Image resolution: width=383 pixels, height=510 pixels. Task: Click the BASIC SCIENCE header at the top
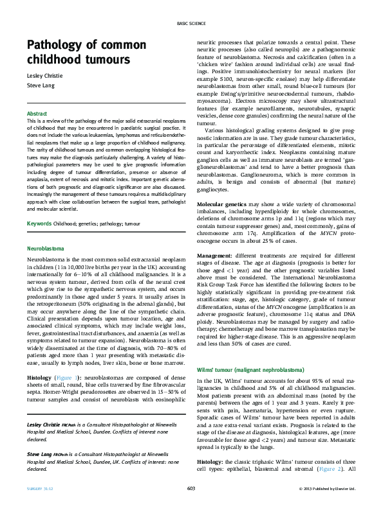pyautogui.click(x=191, y=24)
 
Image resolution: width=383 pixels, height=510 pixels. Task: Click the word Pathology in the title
pyautogui.click(x=57, y=45)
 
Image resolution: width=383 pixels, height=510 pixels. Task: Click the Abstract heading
pyautogui.click(x=37, y=112)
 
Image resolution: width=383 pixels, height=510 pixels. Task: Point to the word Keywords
pyautogui.click(x=39, y=224)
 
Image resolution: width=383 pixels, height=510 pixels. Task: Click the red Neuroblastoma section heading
pyautogui.click(x=45, y=247)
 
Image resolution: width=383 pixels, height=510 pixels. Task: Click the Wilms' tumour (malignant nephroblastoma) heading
pyautogui.click(x=240, y=371)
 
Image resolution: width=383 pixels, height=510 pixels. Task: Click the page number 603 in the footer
pyautogui.click(x=191, y=489)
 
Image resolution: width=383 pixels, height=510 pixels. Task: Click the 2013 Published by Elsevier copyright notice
pyautogui.click(x=328, y=489)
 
